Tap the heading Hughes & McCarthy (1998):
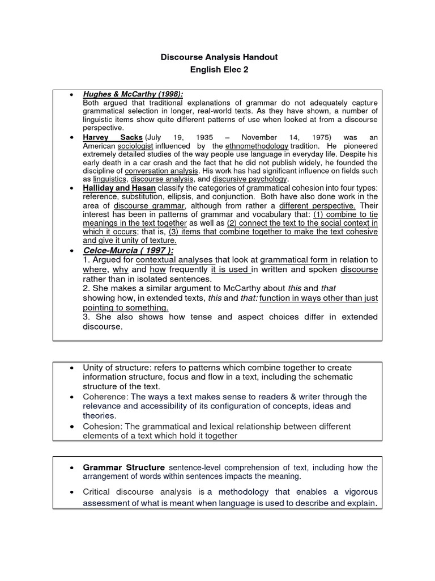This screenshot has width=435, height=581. [x=133, y=94]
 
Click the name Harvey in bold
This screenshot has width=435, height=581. [x=97, y=138]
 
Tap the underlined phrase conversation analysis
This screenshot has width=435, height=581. [x=162, y=170]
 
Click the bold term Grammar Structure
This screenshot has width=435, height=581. [x=123, y=468]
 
